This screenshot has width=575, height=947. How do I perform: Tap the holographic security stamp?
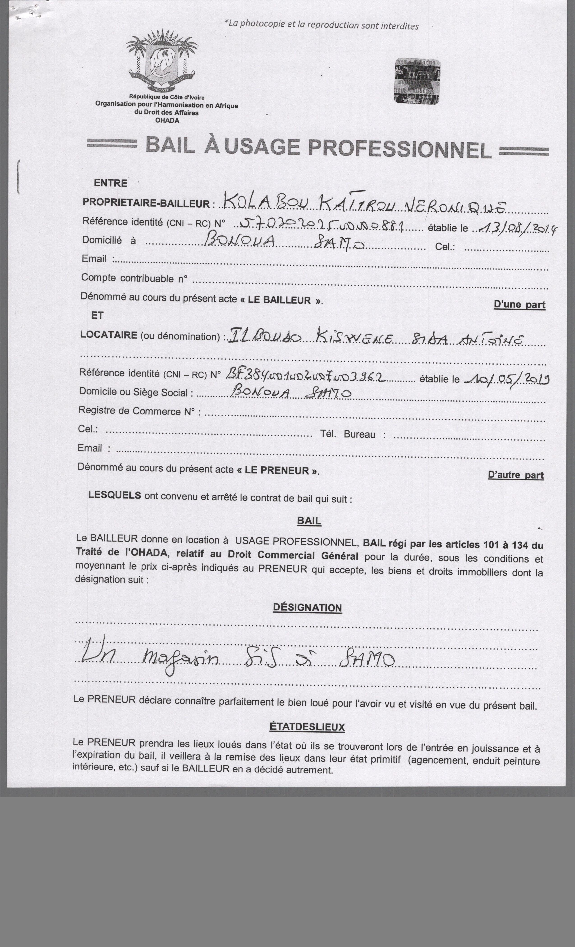417,81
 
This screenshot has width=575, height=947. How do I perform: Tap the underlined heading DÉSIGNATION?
307,608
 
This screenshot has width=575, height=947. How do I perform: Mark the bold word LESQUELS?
115,495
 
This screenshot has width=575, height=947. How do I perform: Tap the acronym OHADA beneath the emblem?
167,120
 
